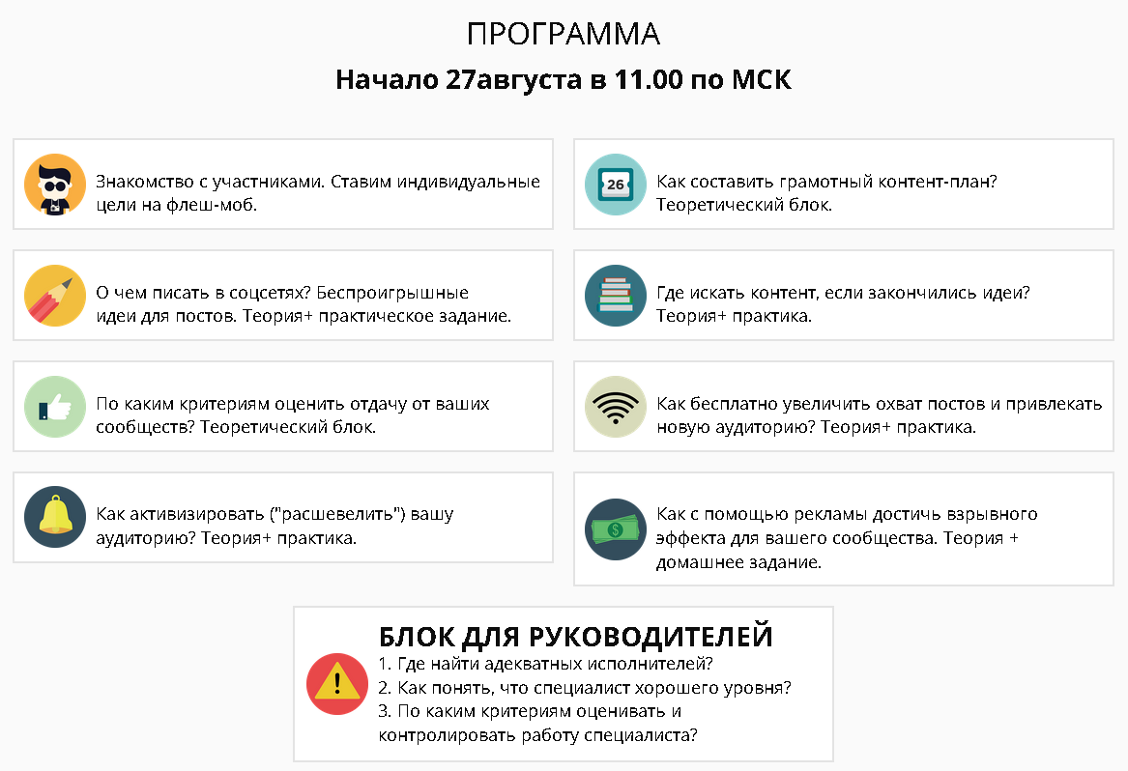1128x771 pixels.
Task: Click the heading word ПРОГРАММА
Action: [564, 34]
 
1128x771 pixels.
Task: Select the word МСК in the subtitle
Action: [761, 79]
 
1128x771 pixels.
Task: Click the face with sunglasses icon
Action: [55, 184]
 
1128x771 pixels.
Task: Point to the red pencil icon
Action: [55, 295]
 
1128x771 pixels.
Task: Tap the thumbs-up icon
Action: [55, 406]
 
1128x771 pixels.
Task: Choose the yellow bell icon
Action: [55, 517]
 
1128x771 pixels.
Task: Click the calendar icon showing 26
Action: [616, 184]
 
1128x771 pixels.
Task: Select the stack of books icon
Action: [616, 295]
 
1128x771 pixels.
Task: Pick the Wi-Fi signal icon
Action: [616, 406]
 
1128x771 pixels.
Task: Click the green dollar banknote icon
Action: [616, 528]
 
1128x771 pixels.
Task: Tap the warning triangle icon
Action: [337, 684]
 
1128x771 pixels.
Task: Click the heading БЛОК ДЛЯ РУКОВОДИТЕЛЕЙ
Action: [575, 637]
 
